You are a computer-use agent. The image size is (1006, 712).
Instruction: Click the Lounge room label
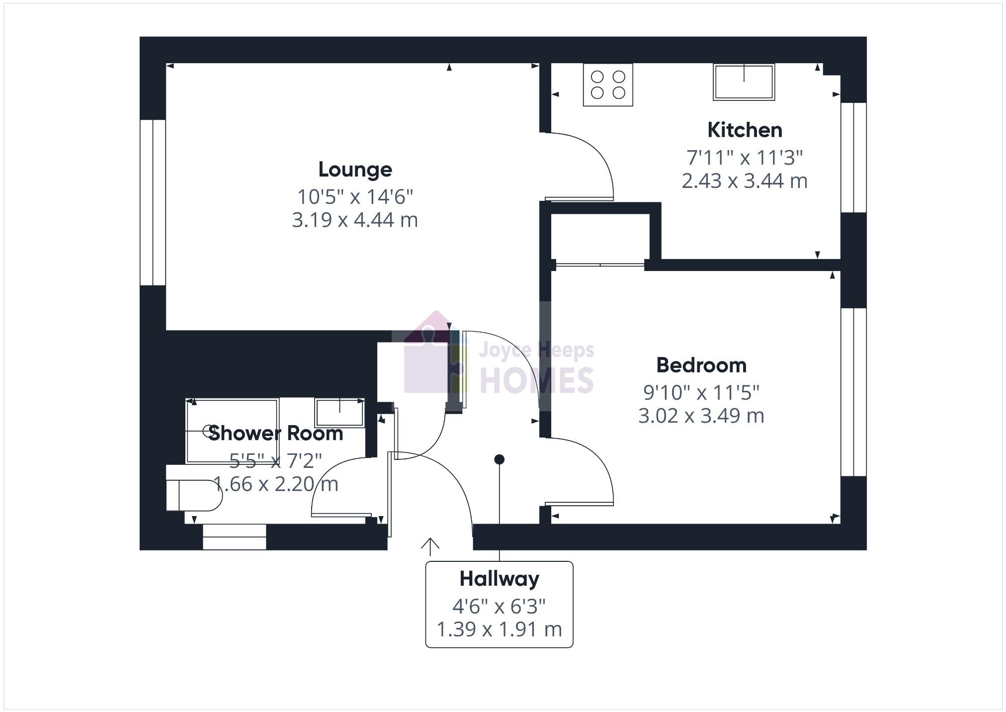click(355, 170)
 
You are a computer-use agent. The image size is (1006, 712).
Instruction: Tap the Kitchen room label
click(745, 130)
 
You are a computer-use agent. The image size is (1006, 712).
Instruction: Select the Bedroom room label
click(701, 365)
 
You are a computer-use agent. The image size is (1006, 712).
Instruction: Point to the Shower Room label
click(276, 434)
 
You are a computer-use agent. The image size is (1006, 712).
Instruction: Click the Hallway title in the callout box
click(499, 579)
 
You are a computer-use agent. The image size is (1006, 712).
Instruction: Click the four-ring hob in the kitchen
click(608, 85)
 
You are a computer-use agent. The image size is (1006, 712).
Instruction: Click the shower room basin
click(339, 412)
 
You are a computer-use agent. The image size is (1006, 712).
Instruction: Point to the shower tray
click(232, 431)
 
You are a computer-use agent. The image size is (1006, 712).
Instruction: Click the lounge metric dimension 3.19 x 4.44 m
click(355, 220)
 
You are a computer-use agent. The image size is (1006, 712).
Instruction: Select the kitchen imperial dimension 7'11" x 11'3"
click(745, 158)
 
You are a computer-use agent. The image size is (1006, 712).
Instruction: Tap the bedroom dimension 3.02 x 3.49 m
click(701, 416)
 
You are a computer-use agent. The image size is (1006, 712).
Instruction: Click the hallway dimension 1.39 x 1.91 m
click(499, 629)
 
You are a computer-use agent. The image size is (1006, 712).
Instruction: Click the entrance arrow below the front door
click(430, 546)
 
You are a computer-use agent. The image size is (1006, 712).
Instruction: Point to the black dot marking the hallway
click(500, 459)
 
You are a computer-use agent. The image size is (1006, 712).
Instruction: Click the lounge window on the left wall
click(153, 202)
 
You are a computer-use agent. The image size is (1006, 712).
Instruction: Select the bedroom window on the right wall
click(853, 392)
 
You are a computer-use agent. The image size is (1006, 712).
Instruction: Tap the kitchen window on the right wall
click(853, 158)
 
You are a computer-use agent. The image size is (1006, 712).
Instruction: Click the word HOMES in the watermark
click(536, 381)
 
